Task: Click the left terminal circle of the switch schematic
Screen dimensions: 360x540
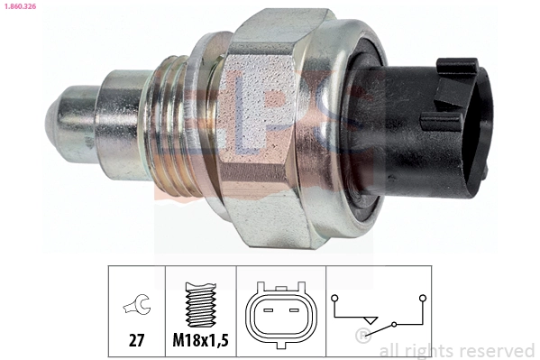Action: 334,296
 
